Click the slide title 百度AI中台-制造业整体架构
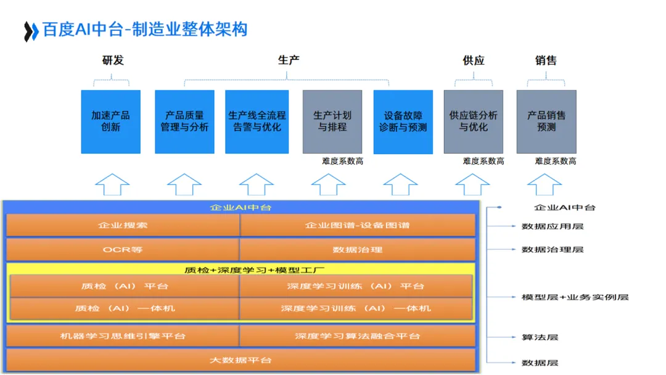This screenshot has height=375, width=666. coord(145,30)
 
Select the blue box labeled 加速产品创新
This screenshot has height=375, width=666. coord(110,122)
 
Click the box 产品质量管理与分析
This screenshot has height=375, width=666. coord(184,122)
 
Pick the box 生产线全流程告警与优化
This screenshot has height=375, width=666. coord(257,122)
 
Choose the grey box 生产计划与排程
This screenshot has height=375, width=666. coord(332,122)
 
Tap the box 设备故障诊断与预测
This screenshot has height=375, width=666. coord(403,122)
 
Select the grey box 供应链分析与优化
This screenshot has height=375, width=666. coord(473,122)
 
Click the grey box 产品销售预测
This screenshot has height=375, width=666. coord(546,122)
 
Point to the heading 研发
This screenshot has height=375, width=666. coord(112,60)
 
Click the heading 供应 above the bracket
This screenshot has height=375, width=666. coord(473,60)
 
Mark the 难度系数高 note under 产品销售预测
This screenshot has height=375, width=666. coord(555,162)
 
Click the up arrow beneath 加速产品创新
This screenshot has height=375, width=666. coord(112,184)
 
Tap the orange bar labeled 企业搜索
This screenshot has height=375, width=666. coord(123,225)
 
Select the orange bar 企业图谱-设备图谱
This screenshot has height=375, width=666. coord(357,225)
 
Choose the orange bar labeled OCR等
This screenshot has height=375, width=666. coord(123,250)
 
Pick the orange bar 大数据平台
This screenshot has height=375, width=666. coord(240,360)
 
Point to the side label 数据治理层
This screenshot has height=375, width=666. coord(552,250)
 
